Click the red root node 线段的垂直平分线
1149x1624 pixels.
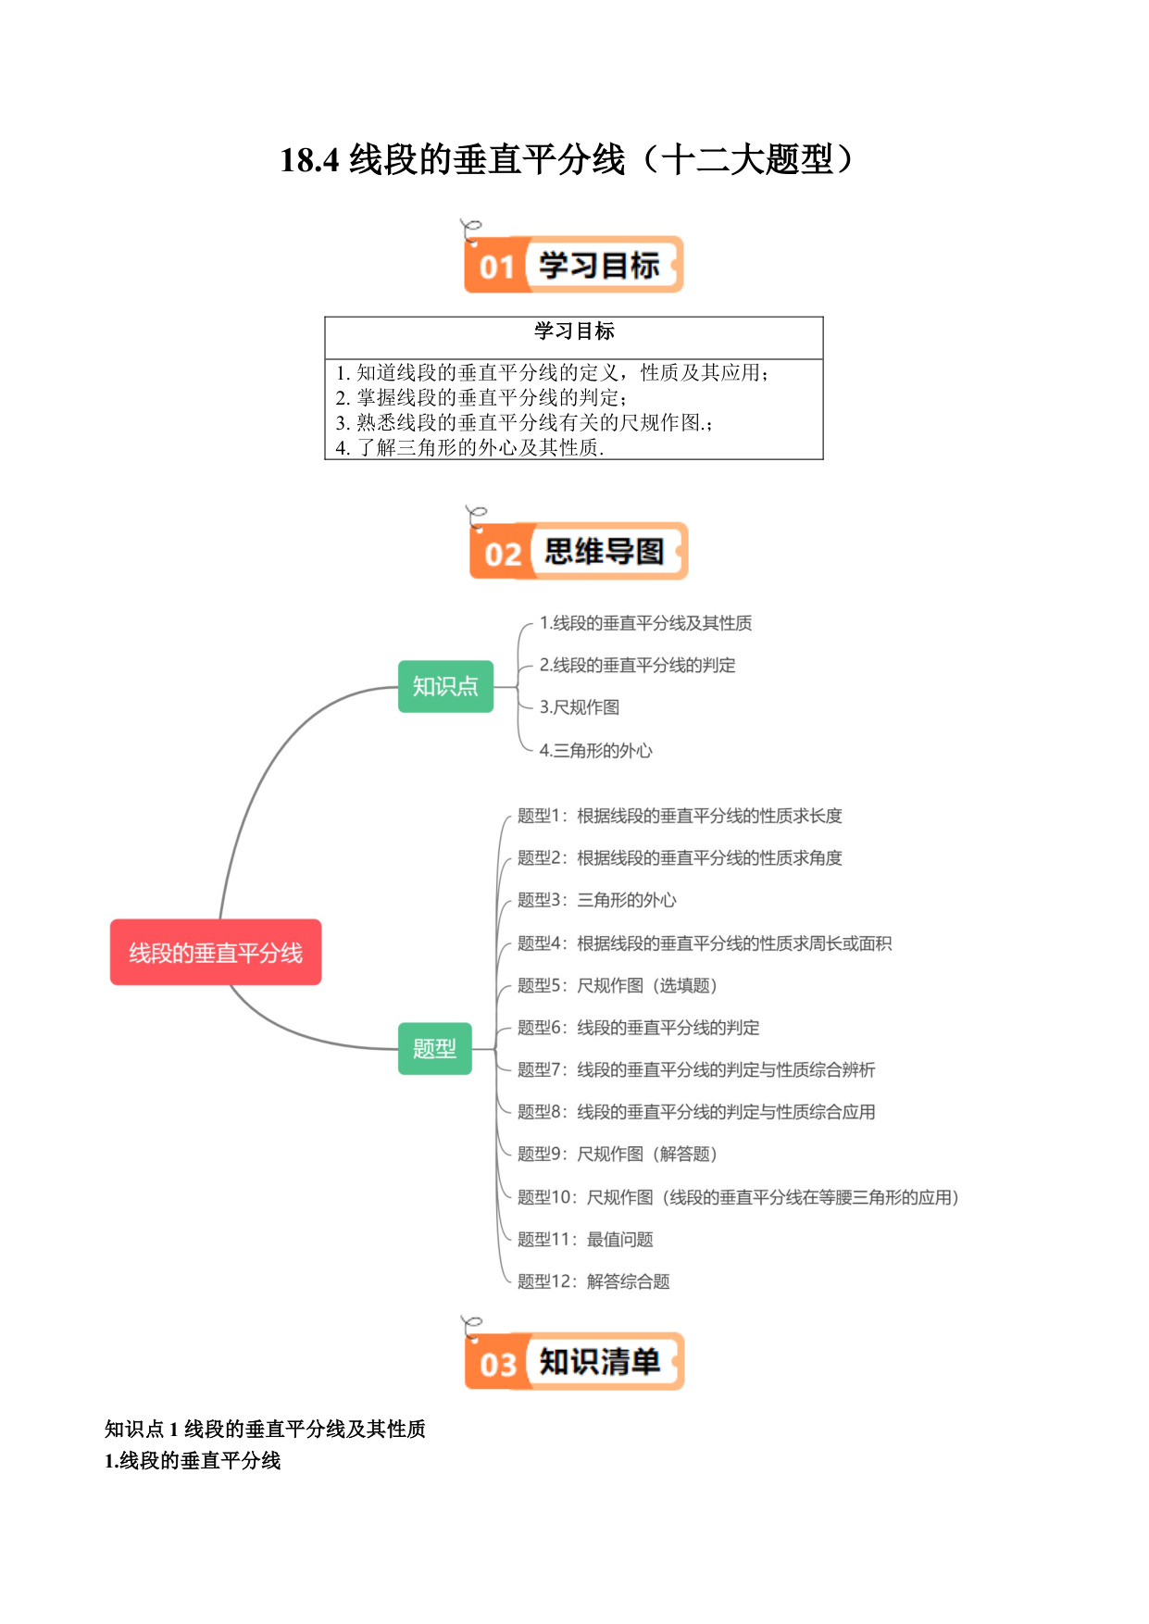pyautogui.click(x=216, y=952)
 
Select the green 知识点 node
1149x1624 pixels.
pyautogui.click(x=445, y=686)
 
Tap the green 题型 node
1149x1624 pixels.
pyautogui.click(x=434, y=1048)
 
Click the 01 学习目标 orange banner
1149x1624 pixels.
pyautogui.click(x=573, y=264)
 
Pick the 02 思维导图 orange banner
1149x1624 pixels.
pyautogui.click(x=579, y=551)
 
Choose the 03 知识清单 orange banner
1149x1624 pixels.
pyautogui.click(x=574, y=1361)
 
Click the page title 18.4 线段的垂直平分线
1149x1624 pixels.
pyautogui.click(x=567, y=159)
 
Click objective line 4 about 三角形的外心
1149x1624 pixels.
pyautogui.click(x=469, y=447)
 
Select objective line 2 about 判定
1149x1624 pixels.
pyautogui.click(x=481, y=397)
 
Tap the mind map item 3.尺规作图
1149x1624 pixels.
pyautogui.click(x=580, y=707)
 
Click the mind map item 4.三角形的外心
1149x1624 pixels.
pyautogui.click(x=596, y=750)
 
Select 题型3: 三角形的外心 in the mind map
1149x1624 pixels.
pyautogui.click(x=597, y=900)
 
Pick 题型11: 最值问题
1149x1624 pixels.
pyautogui.click(x=585, y=1239)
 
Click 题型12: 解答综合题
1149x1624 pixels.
pyautogui.click(x=593, y=1281)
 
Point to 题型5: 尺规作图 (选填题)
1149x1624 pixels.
pyautogui.click(x=618, y=985)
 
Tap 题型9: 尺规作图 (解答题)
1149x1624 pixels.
pyautogui.click(x=618, y=1154)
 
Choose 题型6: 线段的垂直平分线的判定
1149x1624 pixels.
pyautogui.click(x=639, y=1028)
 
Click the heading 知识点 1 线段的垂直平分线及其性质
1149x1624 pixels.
pyautogui.click(x=265, y=1429)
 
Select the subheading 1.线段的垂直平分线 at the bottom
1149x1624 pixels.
pyautogui.click(x=193, y=1460)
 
